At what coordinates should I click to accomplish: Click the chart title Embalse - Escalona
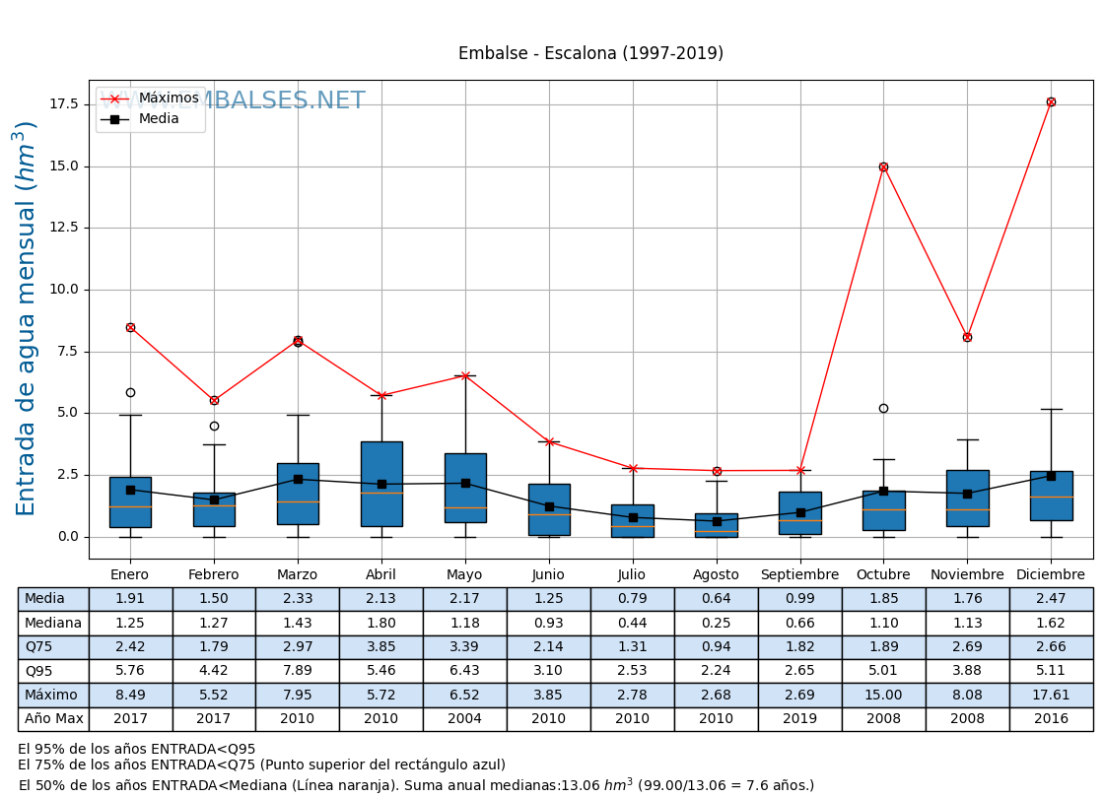coord(590,53)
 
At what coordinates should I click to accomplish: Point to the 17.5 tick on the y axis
coord(63,104)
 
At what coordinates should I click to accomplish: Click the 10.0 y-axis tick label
coord(63,290)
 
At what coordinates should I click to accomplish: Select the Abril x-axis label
coord(381,574)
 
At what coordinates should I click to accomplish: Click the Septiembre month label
coord(799,574)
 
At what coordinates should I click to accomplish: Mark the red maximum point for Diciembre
coord(1051,101)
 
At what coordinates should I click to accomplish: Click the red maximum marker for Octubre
coord(883,166)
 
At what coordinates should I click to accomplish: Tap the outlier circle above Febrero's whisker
coord(214,426)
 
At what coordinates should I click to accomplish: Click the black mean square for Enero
coord(130,490)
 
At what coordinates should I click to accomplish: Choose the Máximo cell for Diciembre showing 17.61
coord(1051,695)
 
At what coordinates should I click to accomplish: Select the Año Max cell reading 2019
coord(799,718)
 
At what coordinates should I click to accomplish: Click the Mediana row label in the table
coord(53,623)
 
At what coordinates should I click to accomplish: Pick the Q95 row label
coord(53,671)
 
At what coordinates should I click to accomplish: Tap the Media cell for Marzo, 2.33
coord(298,599)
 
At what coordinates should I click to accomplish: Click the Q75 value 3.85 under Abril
coord(381,646)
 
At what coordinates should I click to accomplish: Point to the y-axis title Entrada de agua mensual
coord(27,318)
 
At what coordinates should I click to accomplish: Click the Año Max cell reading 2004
coord(465,718)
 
